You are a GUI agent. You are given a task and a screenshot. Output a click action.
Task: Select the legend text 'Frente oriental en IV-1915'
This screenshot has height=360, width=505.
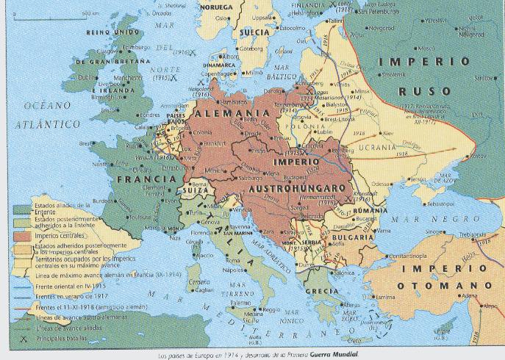pos(65,284)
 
